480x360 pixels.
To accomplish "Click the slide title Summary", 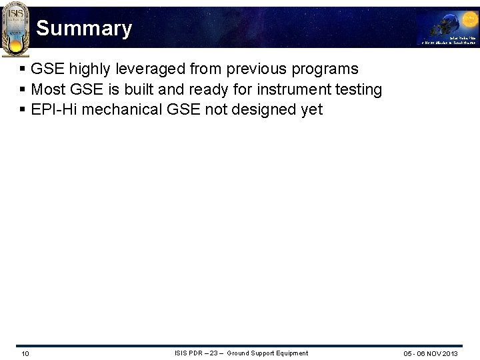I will [x=84, y=29].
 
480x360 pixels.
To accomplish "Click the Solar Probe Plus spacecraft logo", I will [x=447, y=27].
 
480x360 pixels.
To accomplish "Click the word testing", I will [x=359, y=89].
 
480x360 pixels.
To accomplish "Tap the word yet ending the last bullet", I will [x=311, y=109].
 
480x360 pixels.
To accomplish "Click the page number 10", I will [x=25, y=353].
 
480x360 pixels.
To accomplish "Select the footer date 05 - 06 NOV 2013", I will [x=431, y=353].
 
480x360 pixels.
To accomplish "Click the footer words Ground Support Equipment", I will [x=267, y=353].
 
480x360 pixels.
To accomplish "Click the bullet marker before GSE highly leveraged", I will [x=23, y=69].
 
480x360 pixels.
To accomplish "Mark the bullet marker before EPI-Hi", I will [x=23, y=109].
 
